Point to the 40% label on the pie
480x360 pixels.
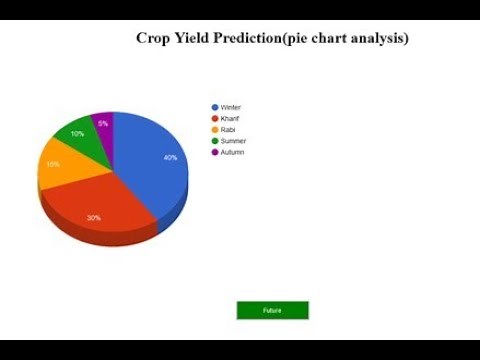(x=170, y=158)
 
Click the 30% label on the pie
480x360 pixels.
(x=93, y=217)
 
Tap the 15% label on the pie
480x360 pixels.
(x=52, y=164)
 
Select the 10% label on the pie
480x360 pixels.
(x=77, y=133)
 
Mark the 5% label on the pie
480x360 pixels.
(x=103, y=123)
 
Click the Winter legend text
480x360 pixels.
(x=230, y=107)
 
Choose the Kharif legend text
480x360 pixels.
(x=229, y=118)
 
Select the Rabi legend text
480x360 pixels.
(x=227, y=130)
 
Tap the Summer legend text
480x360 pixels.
(x=233, y=141)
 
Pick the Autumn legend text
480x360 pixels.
(x=232, y=152)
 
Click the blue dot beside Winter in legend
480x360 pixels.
(x=214, y=107)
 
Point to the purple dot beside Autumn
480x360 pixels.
(x=214, y=152)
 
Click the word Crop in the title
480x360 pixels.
(x=153, y=38)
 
